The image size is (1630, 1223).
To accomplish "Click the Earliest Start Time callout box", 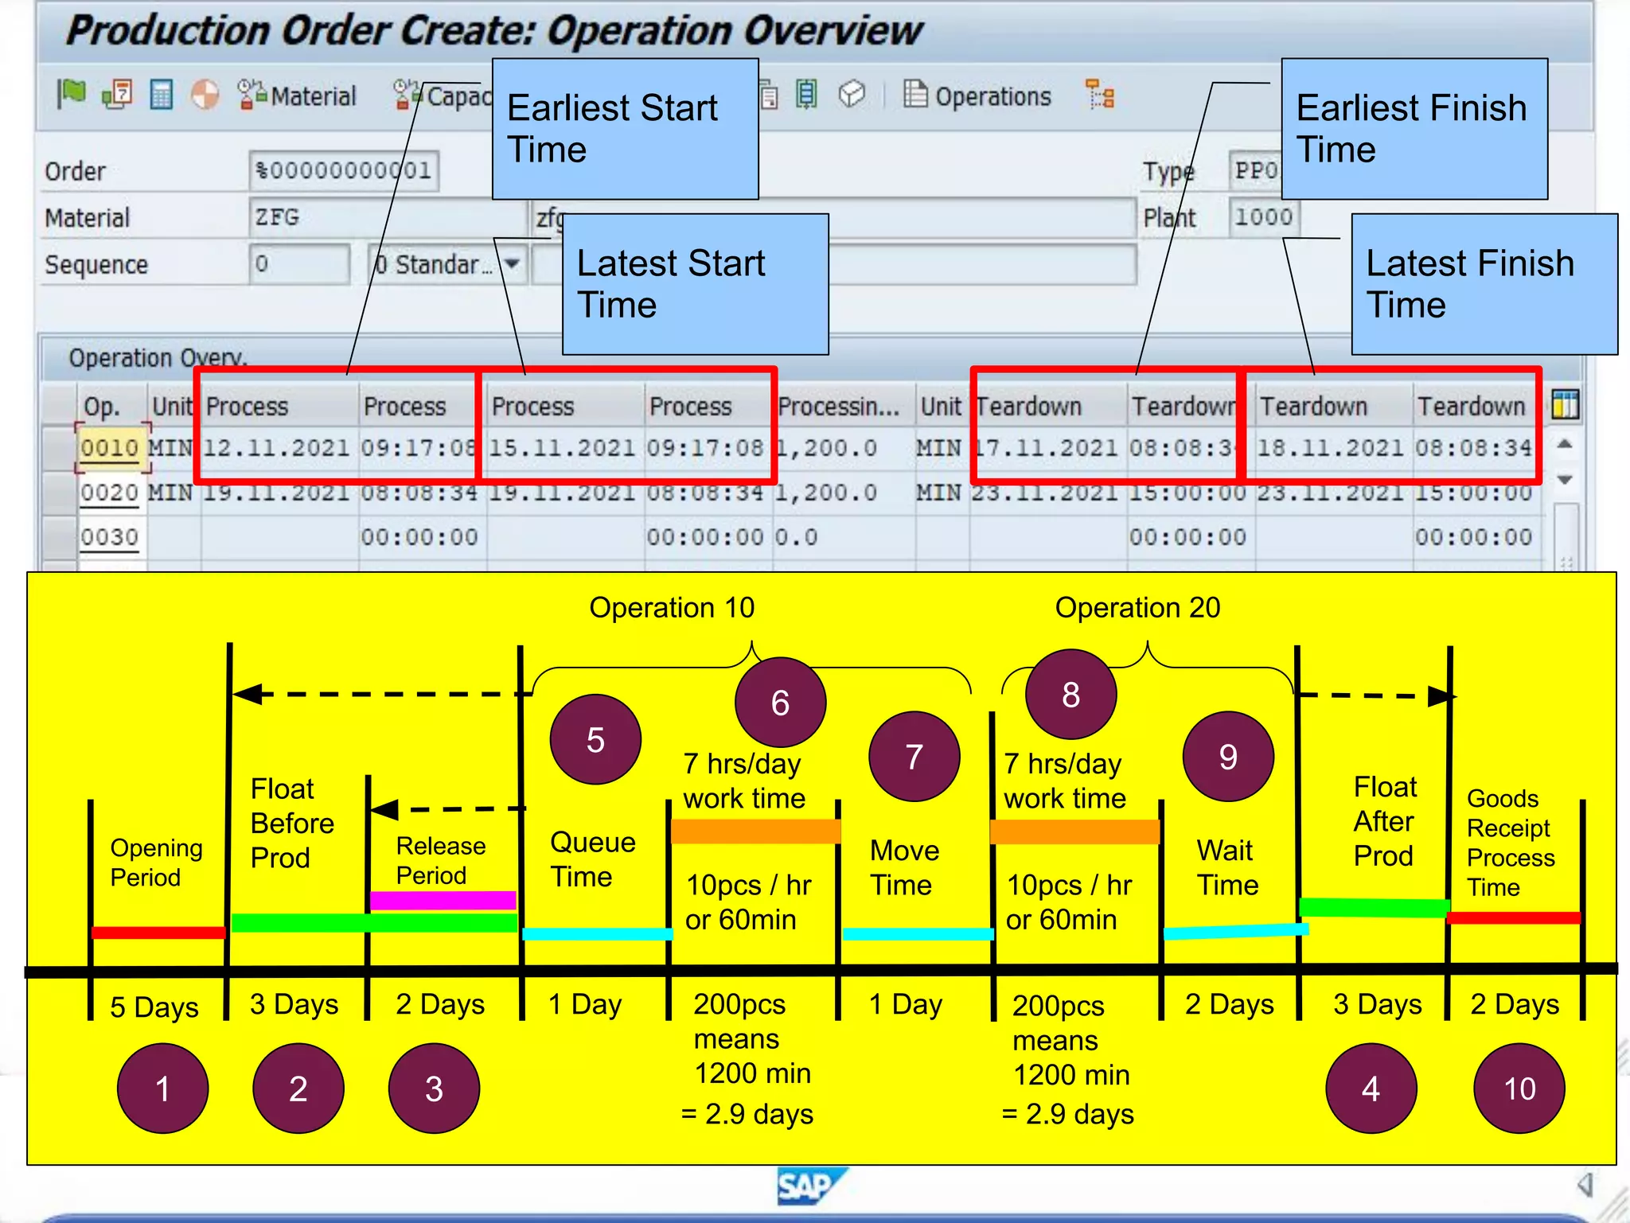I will [x=625, y=129].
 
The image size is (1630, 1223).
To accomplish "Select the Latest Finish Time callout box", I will [x=1484, y=284].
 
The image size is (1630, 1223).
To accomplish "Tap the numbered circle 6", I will [x=780, y=703].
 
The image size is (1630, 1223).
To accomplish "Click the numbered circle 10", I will [x=1519, y=1089].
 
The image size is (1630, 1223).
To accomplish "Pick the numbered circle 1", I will [x=162, y=1089].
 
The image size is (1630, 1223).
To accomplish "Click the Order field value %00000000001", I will [x=343, y=170].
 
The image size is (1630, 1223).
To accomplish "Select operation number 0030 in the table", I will [x=109, y=537].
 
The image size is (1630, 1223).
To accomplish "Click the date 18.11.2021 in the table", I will [x=1330, y=448].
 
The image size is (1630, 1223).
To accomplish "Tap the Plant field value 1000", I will [x=1262, y=217].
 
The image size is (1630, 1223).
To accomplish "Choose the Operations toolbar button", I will [x=978, y=96].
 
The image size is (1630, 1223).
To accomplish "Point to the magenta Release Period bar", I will [x=443, y=900].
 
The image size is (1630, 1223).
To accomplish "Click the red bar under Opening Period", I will [x=158, y=933].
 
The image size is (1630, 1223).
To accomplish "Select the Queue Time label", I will [x=592, y=859].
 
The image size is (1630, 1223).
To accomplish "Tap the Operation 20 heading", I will [x=1137, y=608].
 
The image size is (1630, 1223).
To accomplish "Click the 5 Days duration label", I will [x=154, y=1007].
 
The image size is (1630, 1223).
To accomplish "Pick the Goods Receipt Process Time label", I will [x=1509, y=843].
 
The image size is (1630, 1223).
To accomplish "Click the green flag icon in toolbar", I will [x=72, y=94].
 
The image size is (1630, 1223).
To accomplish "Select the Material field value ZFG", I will [x=277, y=217].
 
